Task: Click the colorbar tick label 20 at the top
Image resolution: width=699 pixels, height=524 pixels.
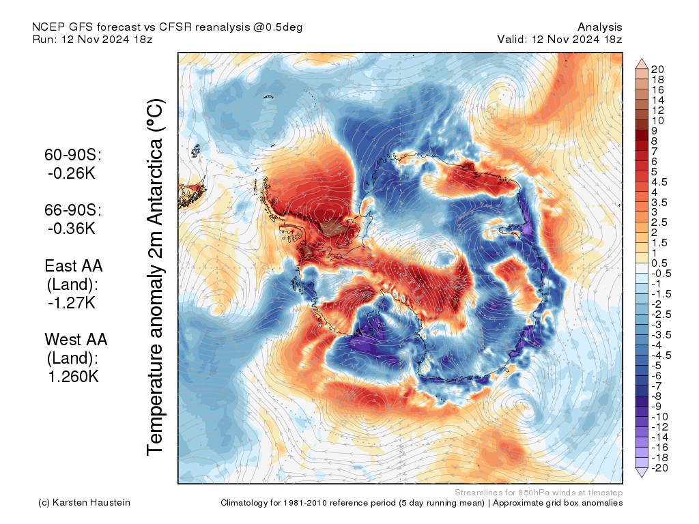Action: tap(657, 70)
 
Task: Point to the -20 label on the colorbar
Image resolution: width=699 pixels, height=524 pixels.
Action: tap(659, 468)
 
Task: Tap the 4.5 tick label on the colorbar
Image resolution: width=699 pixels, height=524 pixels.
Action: tap(659, 182)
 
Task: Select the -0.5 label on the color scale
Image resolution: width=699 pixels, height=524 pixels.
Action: tap(661, 274)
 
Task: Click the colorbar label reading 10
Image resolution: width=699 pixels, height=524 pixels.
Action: tap(657, 121)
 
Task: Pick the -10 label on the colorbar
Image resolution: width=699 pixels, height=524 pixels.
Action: tap(659, 417)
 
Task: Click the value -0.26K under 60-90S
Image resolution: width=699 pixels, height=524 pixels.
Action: tap(71, 173)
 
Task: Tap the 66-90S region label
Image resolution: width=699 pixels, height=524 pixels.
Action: tap(73, 210)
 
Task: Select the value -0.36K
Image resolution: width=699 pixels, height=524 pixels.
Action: tap(71, 229)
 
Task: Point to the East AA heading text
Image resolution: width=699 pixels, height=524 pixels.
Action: tap(74, 266)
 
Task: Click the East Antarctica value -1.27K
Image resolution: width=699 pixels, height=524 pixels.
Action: tap(71, 303)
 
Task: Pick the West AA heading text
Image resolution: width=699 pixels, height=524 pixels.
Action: tap(76, 340)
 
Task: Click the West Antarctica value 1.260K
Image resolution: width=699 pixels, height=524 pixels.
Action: tap(73, 377)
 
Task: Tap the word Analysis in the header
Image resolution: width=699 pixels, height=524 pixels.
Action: tap(599, 27)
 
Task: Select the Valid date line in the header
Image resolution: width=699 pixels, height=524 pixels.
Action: tap(560, 39)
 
